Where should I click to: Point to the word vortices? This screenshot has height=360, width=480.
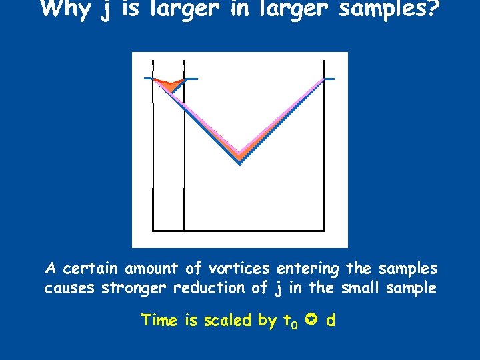238,269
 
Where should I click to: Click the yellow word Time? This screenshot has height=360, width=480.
159,321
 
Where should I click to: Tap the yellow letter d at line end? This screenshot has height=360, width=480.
331,321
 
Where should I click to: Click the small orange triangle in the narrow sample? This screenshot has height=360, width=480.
171,84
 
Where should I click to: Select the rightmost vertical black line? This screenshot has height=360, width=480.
323,153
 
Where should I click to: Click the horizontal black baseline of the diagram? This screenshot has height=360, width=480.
238,231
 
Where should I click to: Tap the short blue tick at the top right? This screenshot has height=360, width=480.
329,79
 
